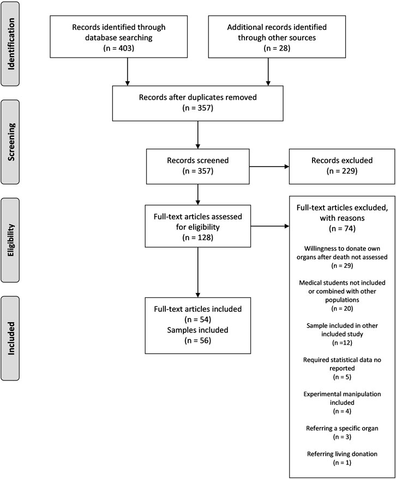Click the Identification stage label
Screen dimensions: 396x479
tap(11, 44)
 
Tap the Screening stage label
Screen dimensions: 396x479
tap(11, 142)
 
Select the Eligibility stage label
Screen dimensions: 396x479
tap(11, 240)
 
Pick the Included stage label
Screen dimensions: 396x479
tap(11, 338)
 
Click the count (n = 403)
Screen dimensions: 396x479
tap(119, 48)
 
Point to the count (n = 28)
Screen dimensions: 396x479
tap(277, 48)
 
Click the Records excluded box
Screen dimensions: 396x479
tap(342, 167)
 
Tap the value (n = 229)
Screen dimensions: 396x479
tap(342, 171)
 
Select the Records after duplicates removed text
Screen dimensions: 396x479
tap(197, 97)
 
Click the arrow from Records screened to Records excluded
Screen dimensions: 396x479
tap(269, 167)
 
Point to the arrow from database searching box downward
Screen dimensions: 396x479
tap(128, 72)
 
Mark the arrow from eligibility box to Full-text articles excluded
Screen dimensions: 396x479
tap(270, 226)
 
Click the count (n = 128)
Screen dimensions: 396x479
tap(197, 237)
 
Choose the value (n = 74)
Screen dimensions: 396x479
tap(342, 229)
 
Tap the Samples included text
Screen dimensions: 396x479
tap(197, 330)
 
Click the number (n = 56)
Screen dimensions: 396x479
tap(197, 340)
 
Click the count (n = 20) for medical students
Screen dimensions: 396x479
tap(342, 309)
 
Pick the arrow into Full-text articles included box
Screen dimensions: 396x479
tap(197, 272)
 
